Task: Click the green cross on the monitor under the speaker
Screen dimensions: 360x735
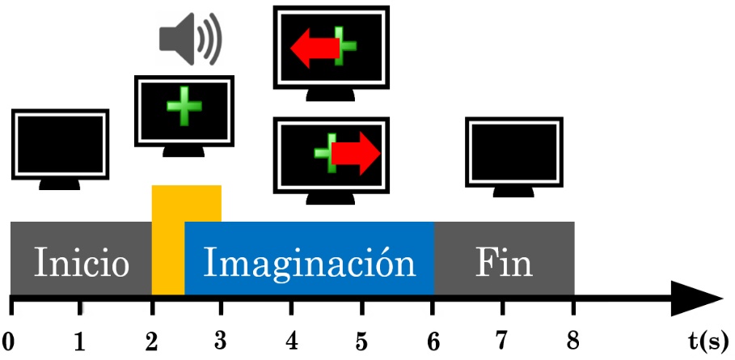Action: click(183, 110)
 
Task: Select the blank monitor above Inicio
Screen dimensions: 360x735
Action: click(61, 146)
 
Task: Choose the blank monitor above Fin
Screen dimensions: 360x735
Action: click(514, 154)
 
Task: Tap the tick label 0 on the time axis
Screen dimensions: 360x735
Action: click(10, 341)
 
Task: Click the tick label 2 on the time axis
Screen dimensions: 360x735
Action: click(150, 341)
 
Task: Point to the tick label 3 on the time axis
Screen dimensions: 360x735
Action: click(221, 341)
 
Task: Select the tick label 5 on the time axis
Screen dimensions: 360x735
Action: click(361, 341)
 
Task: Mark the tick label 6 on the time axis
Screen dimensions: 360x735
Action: click(433, 341)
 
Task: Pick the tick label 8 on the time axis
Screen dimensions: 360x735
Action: click(573, 341)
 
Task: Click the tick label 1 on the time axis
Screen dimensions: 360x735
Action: click(79, 341)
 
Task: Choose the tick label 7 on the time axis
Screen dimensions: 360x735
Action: click(503, 341)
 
